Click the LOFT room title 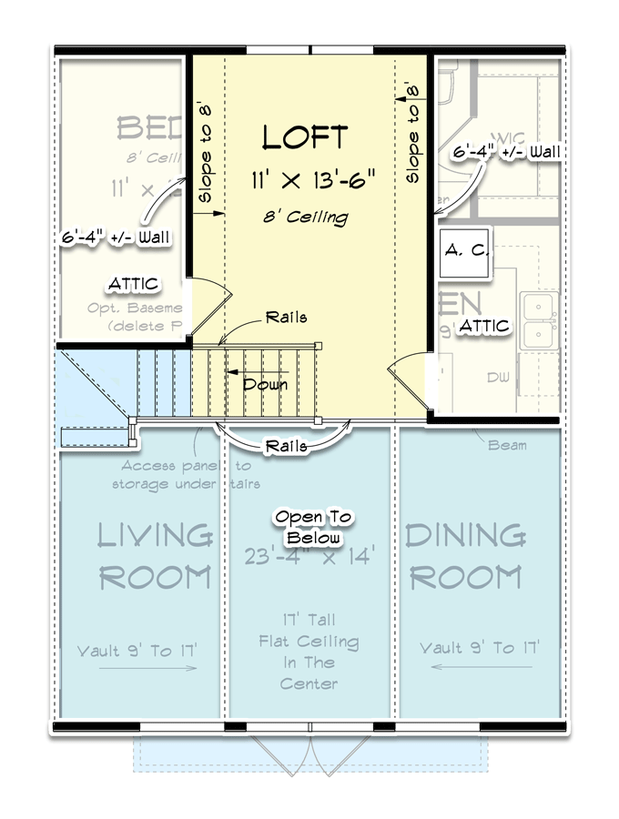pos(305,137)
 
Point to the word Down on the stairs pos(264,384)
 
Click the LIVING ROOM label pos(155,555)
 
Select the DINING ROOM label pos(464,555)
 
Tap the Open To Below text pos(314,527)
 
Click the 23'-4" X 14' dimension pos(309,554)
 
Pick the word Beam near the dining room pos(507,445)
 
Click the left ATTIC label pos(134,285)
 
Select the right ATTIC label pos(484,326)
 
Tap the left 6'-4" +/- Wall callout pos(116,238)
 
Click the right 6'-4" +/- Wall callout pos(506,151)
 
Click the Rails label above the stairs pos(286,318)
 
